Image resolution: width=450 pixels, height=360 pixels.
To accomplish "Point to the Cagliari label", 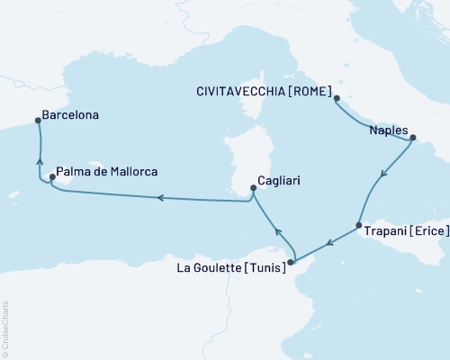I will [278, 180].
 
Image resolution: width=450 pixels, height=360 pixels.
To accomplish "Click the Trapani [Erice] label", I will [404, 231].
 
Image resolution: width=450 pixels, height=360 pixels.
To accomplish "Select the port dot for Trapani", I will [358, 226].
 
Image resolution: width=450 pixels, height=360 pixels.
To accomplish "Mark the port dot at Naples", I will [413, 139].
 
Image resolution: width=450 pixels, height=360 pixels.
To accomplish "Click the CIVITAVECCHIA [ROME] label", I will [264, 90].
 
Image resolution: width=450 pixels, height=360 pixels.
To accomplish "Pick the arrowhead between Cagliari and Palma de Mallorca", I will [159, 197].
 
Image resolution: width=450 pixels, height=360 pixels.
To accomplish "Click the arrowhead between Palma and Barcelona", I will [40, 162].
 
